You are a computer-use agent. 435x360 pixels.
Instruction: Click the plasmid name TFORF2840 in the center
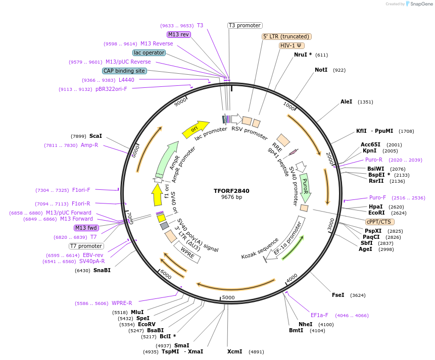(x=231, y=191)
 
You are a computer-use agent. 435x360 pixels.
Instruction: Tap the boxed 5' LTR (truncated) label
(x=286, y=36)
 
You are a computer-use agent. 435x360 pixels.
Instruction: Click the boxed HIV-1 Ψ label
(x=292, y=45)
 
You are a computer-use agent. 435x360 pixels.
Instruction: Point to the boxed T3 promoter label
(x=245, y=25)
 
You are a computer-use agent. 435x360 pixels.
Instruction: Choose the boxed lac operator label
(x=149, y=53)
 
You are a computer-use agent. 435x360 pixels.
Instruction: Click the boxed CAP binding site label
(x=124, y=71)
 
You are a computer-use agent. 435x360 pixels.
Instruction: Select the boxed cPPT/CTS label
(x=380, y=222)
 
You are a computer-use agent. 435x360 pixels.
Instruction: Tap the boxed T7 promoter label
(x=86, y=246)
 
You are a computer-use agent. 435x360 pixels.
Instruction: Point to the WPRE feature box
(x=187, y=252)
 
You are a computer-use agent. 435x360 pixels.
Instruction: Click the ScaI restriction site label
(x=95, y=136)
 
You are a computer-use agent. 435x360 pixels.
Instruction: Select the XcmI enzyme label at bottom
(x=234, y=351)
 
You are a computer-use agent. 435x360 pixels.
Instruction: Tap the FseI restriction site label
(x=338, y=295)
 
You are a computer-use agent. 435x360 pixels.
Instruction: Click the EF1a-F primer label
(x=319, y=315)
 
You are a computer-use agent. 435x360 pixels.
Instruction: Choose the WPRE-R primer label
(x=122, y=303)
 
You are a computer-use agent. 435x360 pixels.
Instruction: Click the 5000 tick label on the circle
(x=229, y=297)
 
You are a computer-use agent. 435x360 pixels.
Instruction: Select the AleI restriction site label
(x=346, y=101)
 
